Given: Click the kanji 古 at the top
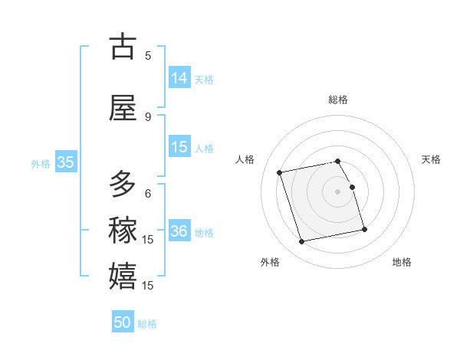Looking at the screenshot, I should (x=123, y=47).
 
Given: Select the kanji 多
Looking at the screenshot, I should (x=123, y=185).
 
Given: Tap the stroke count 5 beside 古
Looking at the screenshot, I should (x=148, y=56).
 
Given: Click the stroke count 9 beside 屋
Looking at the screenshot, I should (x=148, y=117).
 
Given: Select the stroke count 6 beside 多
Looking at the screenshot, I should (x=148, y=194).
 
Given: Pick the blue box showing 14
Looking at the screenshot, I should (x=179, y=77).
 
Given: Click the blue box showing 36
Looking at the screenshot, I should (x=179, y=231).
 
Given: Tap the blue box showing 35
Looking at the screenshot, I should (x=65, y=162).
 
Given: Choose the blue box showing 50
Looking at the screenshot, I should (x=123, y=322).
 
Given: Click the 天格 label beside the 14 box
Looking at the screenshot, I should (x=204, y=79).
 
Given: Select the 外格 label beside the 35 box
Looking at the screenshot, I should (x=41, y=163).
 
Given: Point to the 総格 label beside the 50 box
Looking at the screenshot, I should (x=147, y=324).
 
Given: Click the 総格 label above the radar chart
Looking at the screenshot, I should (x=338, y=100).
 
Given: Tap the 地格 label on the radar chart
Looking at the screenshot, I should (x=402, y=262).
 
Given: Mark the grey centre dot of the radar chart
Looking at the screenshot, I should (x=338, y=191).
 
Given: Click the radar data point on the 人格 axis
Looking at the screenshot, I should (x=280, y=172).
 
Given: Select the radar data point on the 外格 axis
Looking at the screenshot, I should (x=302, y=242).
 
